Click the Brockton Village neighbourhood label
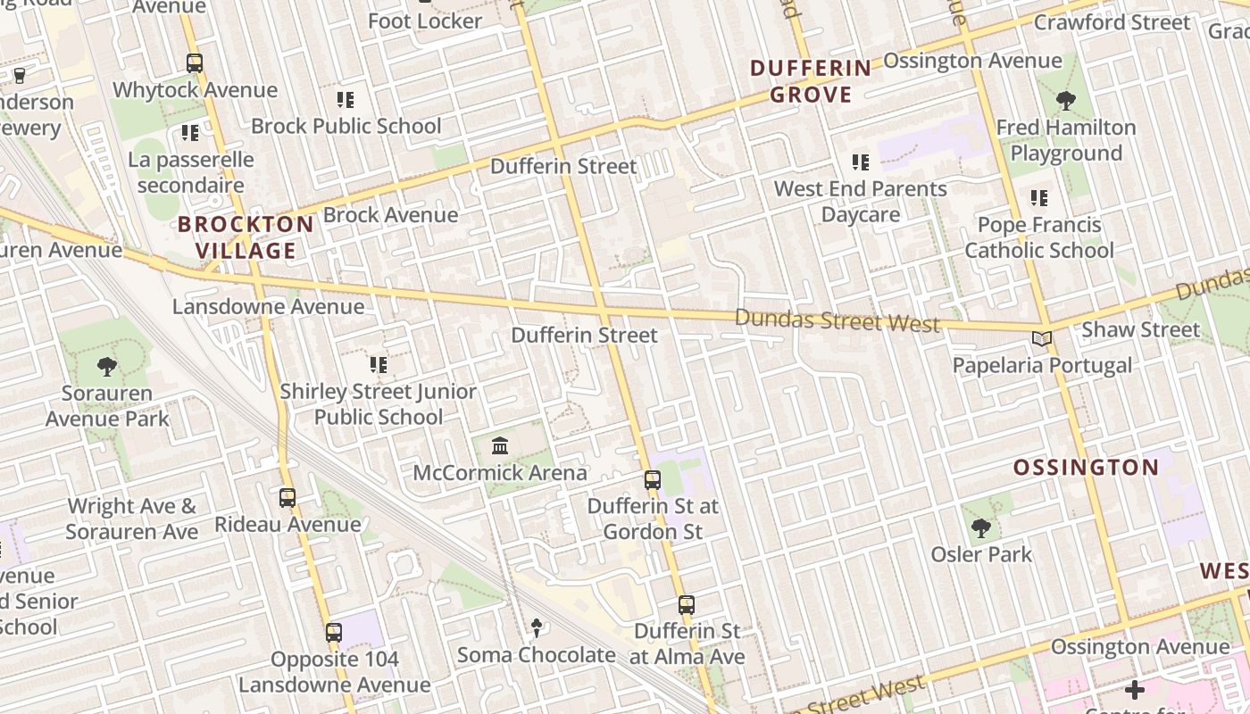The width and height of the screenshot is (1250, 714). point(246,237)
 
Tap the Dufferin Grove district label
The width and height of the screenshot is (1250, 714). point(810,80)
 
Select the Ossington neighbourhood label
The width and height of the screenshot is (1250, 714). point(1086,467)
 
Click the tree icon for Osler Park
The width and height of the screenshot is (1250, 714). point(981,528)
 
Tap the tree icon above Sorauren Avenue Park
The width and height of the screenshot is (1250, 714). point(107,366)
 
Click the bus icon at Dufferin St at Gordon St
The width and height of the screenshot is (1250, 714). point(653,480)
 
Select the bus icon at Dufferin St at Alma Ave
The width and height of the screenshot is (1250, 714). point(687,605)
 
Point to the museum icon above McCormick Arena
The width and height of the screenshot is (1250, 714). point(500,445)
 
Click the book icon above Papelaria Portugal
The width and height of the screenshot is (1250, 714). point(1041,338)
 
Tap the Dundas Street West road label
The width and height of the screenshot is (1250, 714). point(837,320)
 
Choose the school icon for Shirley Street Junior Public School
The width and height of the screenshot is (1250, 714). point(379,364)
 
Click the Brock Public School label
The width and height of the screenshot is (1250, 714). point(346,126)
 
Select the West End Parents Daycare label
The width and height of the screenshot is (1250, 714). point(860,202)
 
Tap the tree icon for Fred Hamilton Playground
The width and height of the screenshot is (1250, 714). point(1065,100)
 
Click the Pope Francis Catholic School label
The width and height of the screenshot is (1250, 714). point(1039,237)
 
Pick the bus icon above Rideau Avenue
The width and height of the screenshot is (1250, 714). point(287,498)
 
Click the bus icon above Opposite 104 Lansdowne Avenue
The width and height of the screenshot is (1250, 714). point(334,633)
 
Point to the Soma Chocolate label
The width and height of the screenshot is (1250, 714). point(536,655)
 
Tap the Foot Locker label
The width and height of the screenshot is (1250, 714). point(425,21)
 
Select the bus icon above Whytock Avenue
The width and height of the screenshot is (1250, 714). point(195,63)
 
